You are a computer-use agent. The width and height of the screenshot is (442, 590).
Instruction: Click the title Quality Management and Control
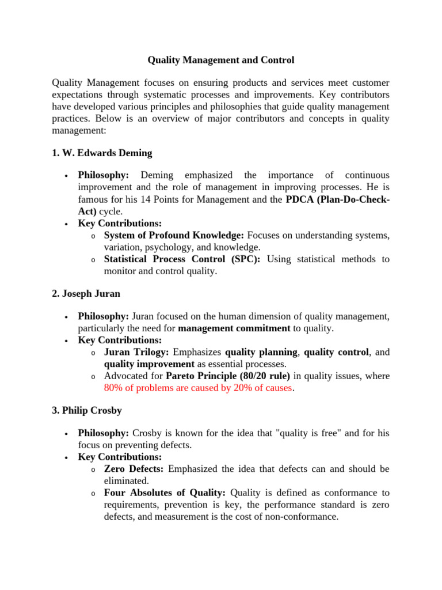click(x=221, y=60)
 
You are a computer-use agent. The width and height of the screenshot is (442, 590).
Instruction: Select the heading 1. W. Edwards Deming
click(x=102, y=153)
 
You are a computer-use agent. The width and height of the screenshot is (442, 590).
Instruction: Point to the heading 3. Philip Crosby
click(x=86, y=411)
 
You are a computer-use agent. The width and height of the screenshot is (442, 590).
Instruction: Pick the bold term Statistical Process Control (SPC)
click(x=182, y=259)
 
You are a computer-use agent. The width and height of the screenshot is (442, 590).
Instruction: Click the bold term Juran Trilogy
click(x=136, y=352)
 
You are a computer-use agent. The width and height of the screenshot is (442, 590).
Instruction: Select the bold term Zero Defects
click(x=134, y=469)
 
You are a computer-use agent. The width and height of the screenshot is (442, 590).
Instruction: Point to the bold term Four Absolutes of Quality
click(x=166, y=493)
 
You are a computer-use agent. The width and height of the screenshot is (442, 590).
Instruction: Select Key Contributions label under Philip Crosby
click(x=120, y=457)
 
